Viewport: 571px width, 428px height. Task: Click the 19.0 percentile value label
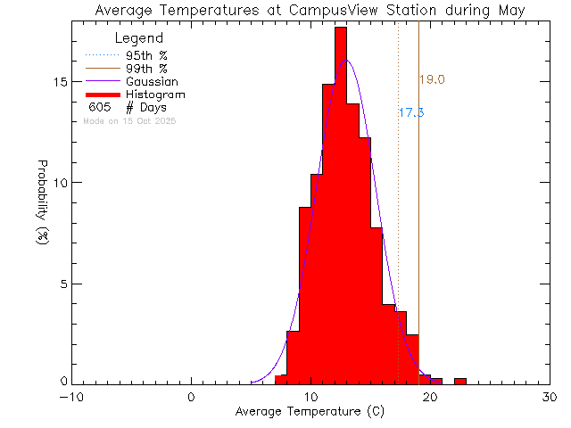(432, 80)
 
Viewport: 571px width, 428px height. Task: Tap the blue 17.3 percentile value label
(410, 113)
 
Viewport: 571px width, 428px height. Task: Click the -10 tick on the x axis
(71, 398)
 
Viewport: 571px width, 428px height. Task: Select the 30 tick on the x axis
(550, 398)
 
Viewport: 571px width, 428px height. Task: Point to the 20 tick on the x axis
(430, 398)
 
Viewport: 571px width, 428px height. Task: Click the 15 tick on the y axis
(61, 81)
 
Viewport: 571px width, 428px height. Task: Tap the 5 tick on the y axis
(63, 284)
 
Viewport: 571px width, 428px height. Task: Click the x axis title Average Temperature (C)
(310, 413)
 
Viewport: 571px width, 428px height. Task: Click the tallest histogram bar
(341, 205)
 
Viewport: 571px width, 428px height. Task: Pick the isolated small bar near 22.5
(459, 381)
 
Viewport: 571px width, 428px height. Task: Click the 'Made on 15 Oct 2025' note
(129, 120)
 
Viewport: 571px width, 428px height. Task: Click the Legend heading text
(139, 39)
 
